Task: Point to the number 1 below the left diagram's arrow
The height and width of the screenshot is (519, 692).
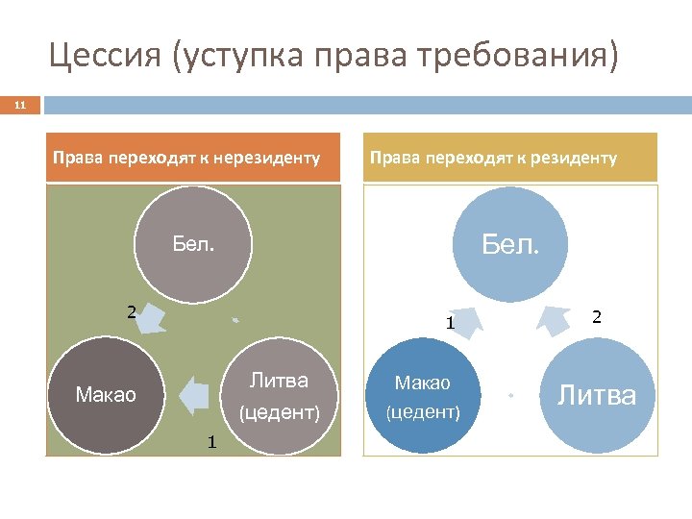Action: coord(210,442)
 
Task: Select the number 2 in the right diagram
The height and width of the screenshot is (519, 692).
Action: coord(596,316)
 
